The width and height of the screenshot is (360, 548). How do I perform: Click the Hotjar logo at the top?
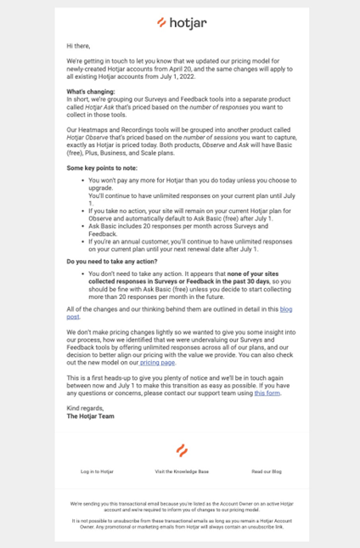[x=179, y=22]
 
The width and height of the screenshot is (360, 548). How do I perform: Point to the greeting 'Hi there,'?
[x=80, y=45]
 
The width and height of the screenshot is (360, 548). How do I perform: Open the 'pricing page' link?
[x=158, y=362]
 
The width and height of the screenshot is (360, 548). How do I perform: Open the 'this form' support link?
[x=267, y=393]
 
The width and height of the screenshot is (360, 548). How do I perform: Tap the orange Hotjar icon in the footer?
[x=181, y=450]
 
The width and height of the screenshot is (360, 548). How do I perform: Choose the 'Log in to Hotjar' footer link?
[x=97, y=471]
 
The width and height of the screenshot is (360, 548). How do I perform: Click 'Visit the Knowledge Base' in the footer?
[x=182, y=471]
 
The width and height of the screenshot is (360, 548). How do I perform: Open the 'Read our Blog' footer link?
[x=266, y=471]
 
